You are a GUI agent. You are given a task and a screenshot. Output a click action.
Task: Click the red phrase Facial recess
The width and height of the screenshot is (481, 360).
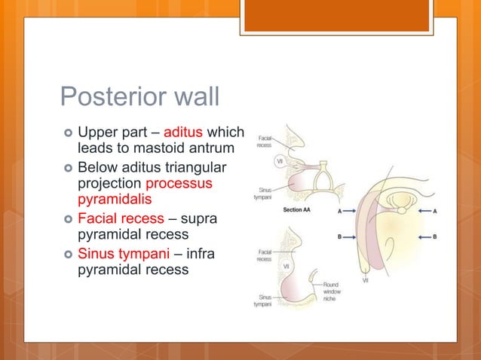121,218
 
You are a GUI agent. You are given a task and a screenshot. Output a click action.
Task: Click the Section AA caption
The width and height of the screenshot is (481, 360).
298,210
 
